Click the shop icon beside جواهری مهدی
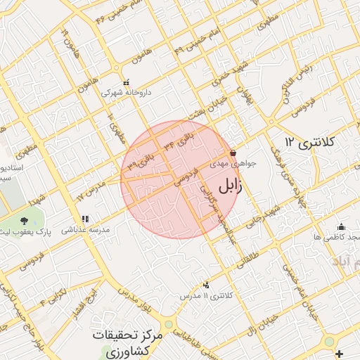coord(233,153)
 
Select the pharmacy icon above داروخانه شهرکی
coord(127,82)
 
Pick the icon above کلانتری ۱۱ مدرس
coord(206,285)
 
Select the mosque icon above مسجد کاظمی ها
coord(341,226)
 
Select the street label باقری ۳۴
coord(177,138)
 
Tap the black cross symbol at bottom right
coord(340,352)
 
